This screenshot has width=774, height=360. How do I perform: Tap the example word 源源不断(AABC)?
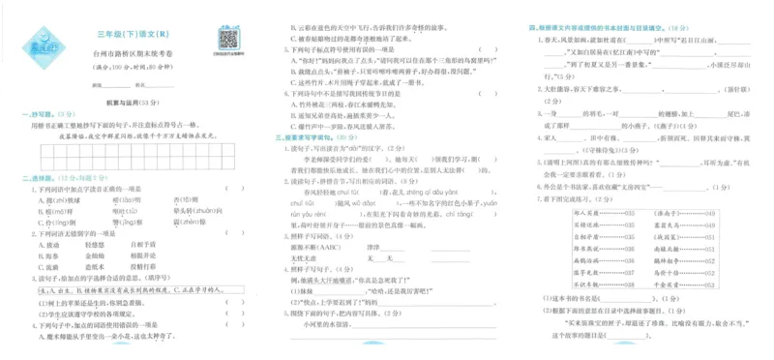pyautogui.click(x=309, y=247)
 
